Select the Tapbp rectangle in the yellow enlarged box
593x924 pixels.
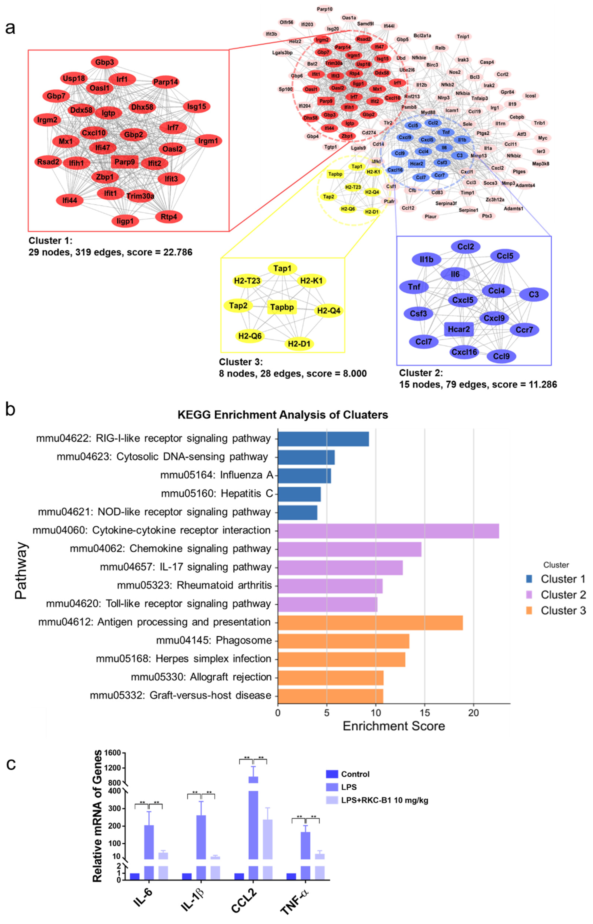point(282,307)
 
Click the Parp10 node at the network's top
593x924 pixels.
point(325,9)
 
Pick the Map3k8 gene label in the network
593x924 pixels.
point(541,164)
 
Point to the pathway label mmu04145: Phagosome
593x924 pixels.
point(214,640)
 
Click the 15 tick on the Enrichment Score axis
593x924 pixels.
point(425,713)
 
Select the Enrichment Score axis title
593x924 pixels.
point(394,726)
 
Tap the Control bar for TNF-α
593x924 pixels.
point(291,877)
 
